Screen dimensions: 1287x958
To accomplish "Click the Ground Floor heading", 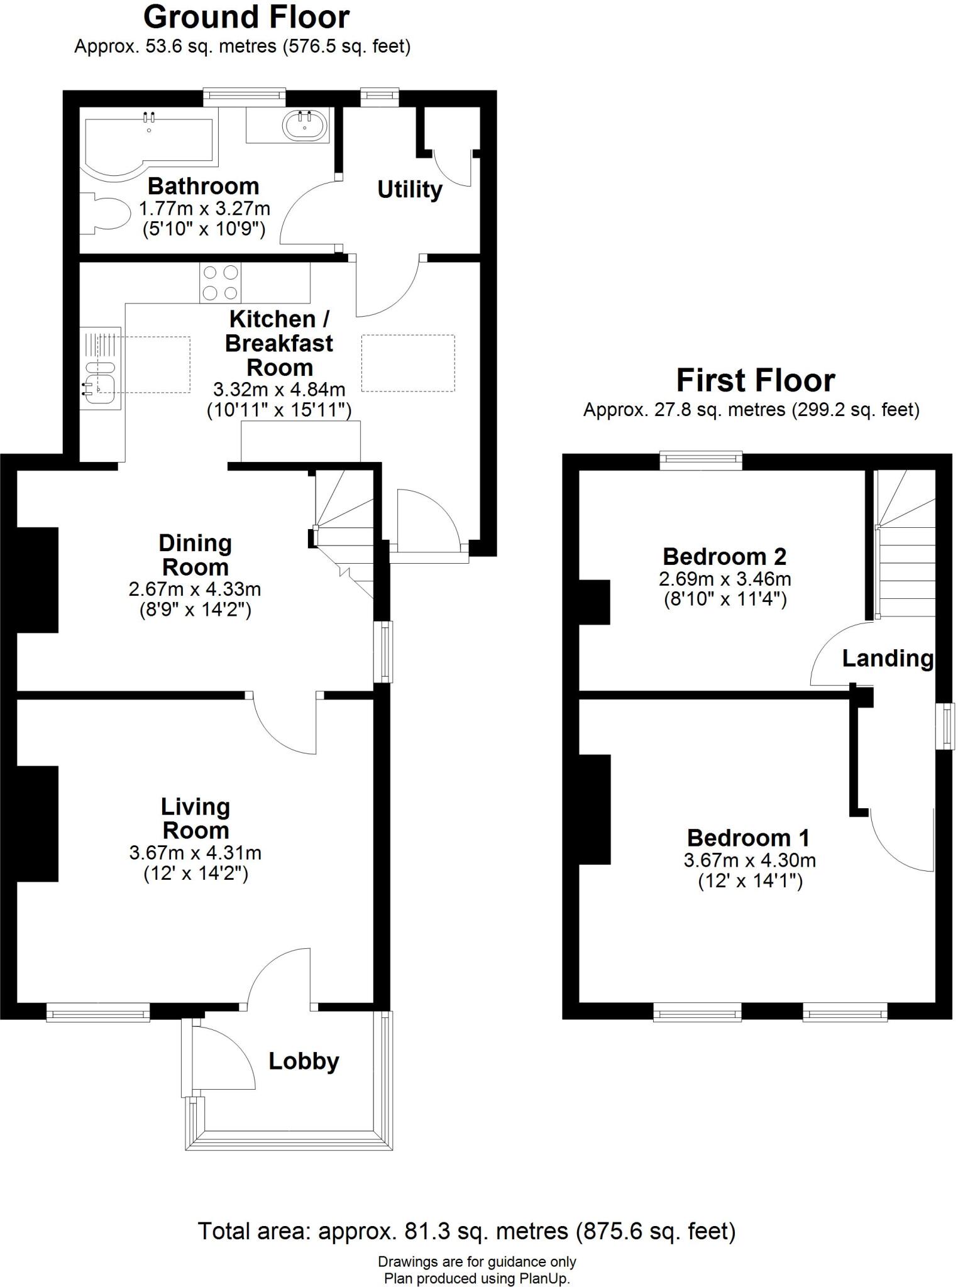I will [246, 18].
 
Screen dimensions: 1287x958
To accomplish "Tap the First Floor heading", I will [755, 380].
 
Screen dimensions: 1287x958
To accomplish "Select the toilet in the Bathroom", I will [103, 214].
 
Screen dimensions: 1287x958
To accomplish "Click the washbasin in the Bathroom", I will [306, 125].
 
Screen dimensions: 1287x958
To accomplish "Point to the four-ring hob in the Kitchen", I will [220, 282].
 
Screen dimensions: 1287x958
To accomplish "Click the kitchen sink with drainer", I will [100, 368].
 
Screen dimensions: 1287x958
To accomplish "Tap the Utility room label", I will [409, 189].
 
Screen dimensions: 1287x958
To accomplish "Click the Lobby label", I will [304, 1061].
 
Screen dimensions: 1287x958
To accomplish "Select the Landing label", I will [887, 659].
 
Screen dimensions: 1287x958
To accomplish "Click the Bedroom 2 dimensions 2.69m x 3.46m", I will [725, 579].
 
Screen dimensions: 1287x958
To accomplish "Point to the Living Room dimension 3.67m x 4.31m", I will [195, 853].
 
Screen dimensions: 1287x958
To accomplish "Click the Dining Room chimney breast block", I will [37, 579].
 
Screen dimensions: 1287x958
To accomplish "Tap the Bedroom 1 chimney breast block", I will [594, 809].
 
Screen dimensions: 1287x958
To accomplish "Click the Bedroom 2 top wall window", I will [701, 461].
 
